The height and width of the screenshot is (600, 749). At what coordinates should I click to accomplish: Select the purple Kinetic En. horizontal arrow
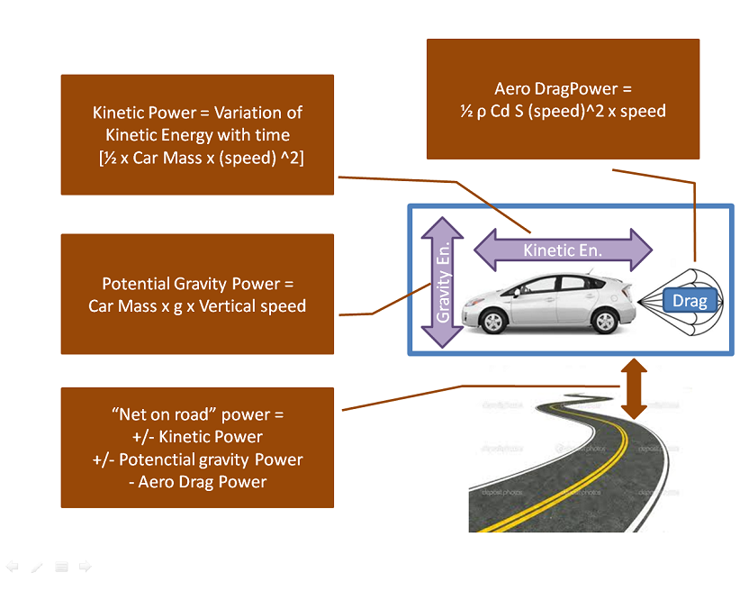coord(563,250)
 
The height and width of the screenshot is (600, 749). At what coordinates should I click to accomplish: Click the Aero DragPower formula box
coord(563,99)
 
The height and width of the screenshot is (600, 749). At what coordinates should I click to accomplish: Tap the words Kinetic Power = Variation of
coord(197,113)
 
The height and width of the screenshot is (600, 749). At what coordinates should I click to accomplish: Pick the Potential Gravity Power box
coord(197,294)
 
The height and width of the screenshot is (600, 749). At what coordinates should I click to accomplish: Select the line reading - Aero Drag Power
coord(197,482)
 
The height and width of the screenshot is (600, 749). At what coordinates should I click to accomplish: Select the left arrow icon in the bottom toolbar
coord(13,567)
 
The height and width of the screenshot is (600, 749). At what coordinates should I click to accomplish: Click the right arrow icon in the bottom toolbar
coord(86,567)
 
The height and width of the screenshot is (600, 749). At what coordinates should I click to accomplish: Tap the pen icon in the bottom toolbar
coord(37,567)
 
